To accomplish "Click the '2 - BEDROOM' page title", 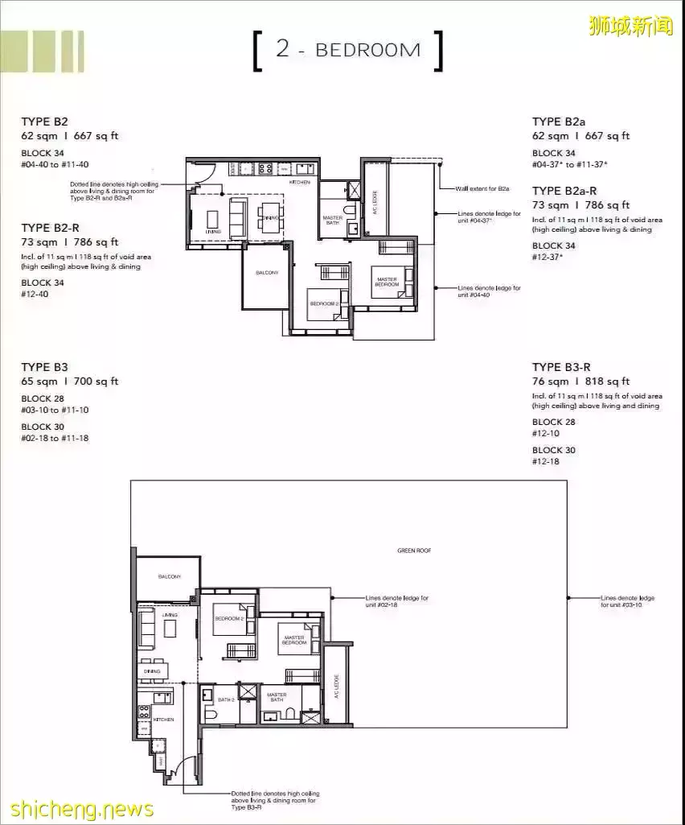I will pyautogui.click(x=347, y=50).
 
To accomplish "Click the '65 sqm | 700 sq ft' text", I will pyautogui.click(x=69, y=382).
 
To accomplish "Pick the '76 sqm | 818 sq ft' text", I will pyautogui.click(x=580, y=382).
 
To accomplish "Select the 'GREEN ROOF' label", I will pyautogui.click(x=414, y=551).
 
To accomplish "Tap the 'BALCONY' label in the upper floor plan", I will pyautogui.click(x=267, y=273).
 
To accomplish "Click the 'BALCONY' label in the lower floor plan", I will pyautogui.click(x=170, y=576).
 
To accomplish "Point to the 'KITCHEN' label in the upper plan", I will pyautogui.click(x=299, y=183).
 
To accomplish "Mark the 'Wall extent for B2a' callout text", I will pyautogui.click(x=482, y=188).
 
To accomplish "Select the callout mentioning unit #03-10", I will pyautogui.click(x=627, y=601).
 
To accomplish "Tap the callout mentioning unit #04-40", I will pyautogui.click(x=489, y=291).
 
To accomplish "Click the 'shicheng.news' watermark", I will pyautogui.click(x=77, y=808).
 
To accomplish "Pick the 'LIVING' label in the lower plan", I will pyautogui.click(x=170, y=615).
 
